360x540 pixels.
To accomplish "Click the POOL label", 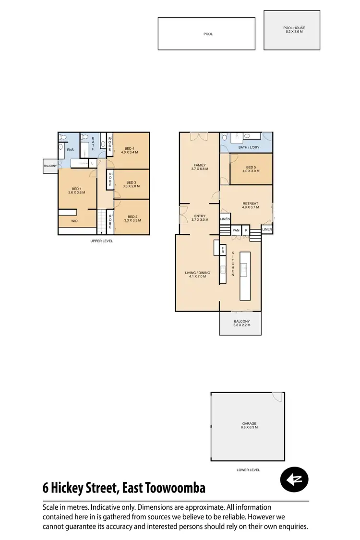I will (208, 34).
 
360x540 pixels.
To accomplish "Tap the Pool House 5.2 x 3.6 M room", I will (294, 30).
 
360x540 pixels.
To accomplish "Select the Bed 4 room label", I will (131, 150).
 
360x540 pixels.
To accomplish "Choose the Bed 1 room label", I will (77, 191).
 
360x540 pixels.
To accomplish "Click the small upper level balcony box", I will (50, 166).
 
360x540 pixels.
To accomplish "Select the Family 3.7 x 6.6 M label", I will (199, 167).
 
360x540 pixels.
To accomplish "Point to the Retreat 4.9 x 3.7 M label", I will (250, 205).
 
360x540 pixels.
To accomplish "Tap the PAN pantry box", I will (236, 230).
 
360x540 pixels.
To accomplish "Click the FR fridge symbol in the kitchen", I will (223, 250).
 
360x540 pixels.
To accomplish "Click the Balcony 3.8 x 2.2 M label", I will (241, 324).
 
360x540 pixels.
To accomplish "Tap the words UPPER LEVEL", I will (102, 241).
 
